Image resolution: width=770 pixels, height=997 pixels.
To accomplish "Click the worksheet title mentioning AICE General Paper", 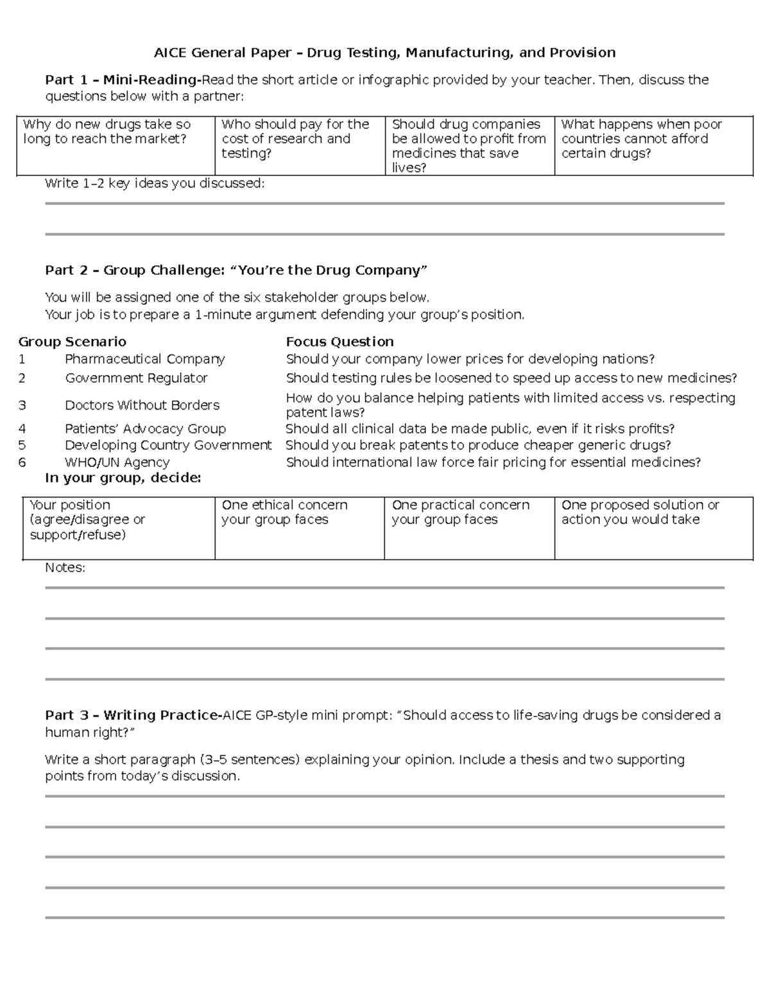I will pyautogui.click(x=384, y=53).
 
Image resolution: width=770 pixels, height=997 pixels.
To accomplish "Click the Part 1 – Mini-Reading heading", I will pyautogui.click(x=123, y=80).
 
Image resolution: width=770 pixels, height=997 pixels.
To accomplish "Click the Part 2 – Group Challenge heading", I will pyautogui.click(x=235, y=270).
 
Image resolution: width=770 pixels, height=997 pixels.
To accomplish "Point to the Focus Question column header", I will pyautogui.click(x=339, y=342).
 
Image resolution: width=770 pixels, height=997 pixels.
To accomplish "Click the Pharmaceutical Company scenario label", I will pyautogui.click(x=145, y=359).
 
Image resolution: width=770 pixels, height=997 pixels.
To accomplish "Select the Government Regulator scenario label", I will pyautogui.click(x=136, y=378).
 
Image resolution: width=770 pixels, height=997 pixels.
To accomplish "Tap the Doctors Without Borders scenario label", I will pyautogui.click(x=142, y=405).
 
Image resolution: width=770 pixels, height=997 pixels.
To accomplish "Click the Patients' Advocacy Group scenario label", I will pyautogui.click(x=145, y=429).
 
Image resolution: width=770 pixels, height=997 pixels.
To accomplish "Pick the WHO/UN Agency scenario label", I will pyautogui.click(x=117, y=462).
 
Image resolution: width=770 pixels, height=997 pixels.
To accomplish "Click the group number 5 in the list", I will pyautogui.click(x=22, y=446).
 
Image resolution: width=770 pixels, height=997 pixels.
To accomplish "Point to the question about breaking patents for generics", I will pyautogui.click(x=478, y=446).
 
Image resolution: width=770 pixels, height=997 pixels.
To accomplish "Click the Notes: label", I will pyautogui.click(x=65, y=568).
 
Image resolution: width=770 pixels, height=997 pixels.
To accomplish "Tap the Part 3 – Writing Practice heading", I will pyautogui.click(x=133, y=715).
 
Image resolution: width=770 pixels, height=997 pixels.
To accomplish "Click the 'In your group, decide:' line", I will pyautogui.click(x=123, y=478).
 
